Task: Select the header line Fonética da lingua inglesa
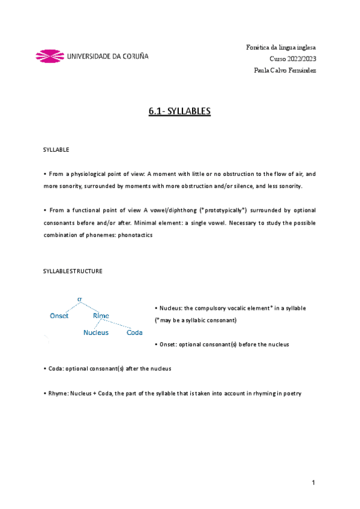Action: (x=281, y=47)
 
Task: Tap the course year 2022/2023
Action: (x=293, y=58)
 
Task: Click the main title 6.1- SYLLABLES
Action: (x=179, y=112)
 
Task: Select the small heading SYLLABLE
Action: (x=56, y=149)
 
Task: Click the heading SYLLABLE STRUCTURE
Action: (x=73, y=271)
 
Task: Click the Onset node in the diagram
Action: (x=59, y=316)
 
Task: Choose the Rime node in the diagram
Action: (x=101, y=316)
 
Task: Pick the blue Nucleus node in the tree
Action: (x=96, y=333)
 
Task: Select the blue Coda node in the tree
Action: (x=134, y=333)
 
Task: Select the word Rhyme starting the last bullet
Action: (x=58, y=394)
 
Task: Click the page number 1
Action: (x=313, y=483)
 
